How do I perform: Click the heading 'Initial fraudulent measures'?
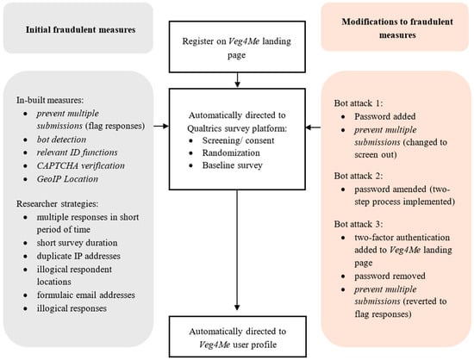[x=80, y=29]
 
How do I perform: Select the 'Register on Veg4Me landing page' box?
[x=237, y=47]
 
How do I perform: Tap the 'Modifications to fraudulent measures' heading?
[x=397, y=28]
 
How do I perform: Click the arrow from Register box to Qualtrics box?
[x=237, y=80]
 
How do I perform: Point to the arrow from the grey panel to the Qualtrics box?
[x=161, y=126]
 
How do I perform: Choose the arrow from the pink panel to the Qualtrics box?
[x=313, y=127]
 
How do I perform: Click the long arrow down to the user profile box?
[x=237, y=250]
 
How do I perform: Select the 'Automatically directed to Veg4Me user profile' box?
[x=238, y=337]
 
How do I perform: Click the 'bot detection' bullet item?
[x=61, y=140]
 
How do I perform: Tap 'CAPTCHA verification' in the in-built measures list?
[x=81, y=165]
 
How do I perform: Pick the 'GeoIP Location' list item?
[x=67, y=179]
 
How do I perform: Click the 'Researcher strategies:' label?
[x=58, y=204]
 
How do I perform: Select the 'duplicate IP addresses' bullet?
[x=78, y=256]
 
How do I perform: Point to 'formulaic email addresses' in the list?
[x=86, y=295]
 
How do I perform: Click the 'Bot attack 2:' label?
[x=359, y=176]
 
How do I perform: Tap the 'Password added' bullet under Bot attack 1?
[x=385, y=116]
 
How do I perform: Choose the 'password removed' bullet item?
[x=390, y=276]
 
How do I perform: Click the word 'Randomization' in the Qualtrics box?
[x=231, y=152]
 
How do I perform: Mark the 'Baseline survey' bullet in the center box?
[x=232, y=165]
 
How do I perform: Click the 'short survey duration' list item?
[x=77, y=243]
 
